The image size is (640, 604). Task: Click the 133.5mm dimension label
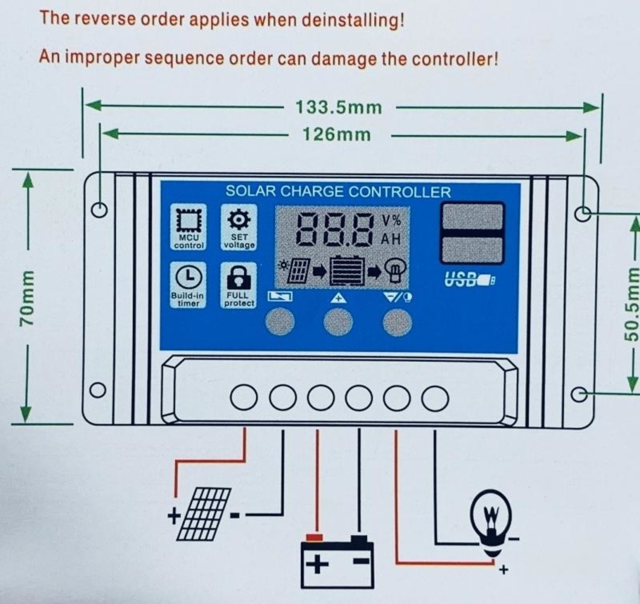338,108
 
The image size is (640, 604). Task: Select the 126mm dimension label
336,134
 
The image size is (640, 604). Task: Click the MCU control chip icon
189,220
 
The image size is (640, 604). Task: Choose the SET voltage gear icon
238,219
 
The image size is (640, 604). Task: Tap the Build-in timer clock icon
188,277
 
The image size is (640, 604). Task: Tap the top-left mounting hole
98,210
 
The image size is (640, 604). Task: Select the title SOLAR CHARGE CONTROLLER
338,192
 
